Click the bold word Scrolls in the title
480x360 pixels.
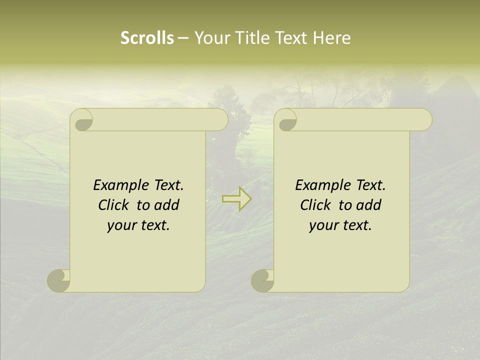tap(147, 38)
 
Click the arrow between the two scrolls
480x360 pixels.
tap(236, 199)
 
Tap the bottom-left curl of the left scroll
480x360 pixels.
tap(58, 280)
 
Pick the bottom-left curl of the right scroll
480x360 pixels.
tap(262, 280)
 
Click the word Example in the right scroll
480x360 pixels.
tap(323, 185)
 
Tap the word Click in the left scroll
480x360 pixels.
tap(114, 205)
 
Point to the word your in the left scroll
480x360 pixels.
tap(121, 226)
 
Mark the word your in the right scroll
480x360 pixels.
tap(323, 226)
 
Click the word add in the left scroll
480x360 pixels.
tap(166, 205)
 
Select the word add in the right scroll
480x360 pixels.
tap(368, 205)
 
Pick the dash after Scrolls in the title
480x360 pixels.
tap(183, 38)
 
